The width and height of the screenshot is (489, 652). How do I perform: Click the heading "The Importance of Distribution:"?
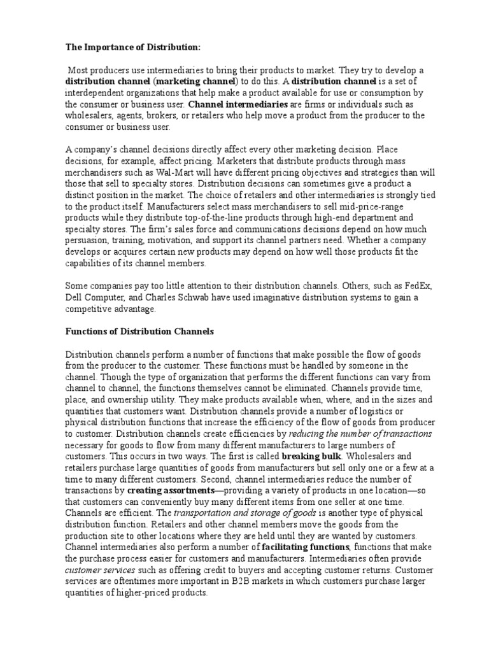click(x=124, y=47)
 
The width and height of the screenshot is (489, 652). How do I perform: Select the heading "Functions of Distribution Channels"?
click(x=140, y=332)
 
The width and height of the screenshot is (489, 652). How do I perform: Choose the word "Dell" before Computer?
click(x=75, y=298)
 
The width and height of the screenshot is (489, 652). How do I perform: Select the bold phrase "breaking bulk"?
click(x=311, y=457)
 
